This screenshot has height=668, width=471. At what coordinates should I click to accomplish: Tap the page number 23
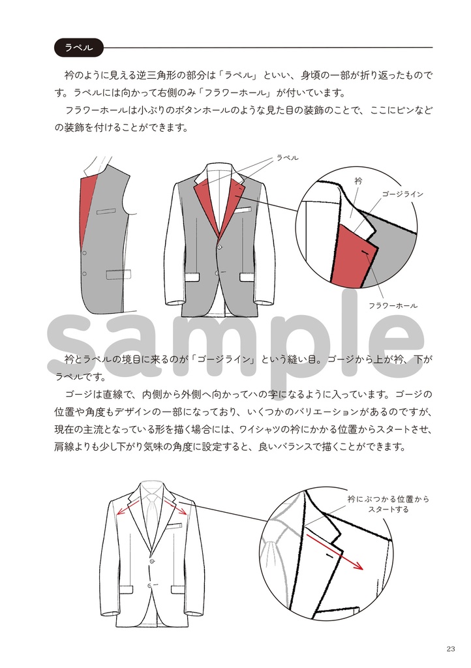(451, 648)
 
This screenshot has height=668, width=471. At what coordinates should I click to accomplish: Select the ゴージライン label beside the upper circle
(403, 194)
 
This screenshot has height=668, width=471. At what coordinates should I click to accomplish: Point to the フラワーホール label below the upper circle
(393, 305)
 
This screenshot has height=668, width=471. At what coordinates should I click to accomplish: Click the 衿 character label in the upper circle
(357, 180)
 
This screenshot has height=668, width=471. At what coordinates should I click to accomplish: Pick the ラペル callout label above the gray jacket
(287, 158)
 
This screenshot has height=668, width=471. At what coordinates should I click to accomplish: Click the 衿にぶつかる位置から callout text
(388, 499)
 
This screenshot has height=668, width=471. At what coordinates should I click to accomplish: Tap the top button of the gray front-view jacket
(219, 245)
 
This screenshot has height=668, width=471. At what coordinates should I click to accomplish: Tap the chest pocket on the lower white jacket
(173, 526)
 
